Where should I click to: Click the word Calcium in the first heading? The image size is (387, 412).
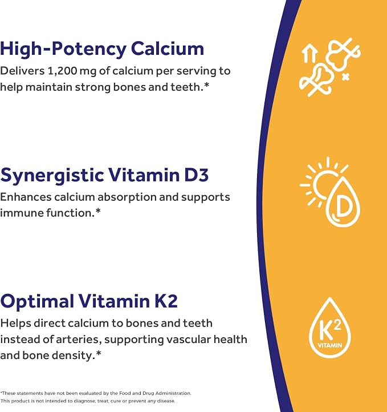pyautogui.click(x=168, y=49)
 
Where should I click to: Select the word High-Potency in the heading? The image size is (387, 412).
pyautogui.click(x=63, y=50)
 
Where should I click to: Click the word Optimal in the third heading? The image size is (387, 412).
pyautogui.click(x=37, y=302)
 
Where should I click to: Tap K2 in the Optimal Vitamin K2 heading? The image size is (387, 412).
pyautogui.click(x=166, y=301)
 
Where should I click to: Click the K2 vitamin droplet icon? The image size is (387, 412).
pyautogui.click(x=330, y=328)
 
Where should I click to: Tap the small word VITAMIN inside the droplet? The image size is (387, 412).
pyautogui.click(x=330, y=345)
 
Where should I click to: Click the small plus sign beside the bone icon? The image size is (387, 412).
pyautogui.click(x=346, y=77)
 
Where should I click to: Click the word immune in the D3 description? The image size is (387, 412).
pyautogui.click(x=22, y=213)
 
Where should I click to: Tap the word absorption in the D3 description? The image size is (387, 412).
pyautogui.click(x=127, y=197)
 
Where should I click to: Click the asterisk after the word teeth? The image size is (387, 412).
pyautogui.click(x=206, y=85)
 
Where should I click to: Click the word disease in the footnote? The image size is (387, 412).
pyautogui.click(x=166, y=401)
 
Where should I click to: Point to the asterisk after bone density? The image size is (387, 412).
pyautogui.click(x=99, y=353)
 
